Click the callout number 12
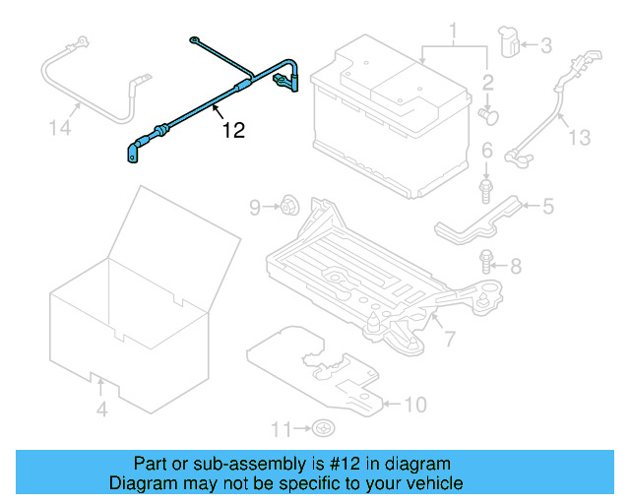(232, 128)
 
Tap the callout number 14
(61, 127)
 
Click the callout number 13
(581, 138)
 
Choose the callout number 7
(449, 340)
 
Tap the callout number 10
(416, 404)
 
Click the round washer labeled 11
(323, 428)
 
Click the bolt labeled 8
(487, 262)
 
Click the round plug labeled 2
(488, 115)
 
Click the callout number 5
(548, 205)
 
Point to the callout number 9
(254, 207)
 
